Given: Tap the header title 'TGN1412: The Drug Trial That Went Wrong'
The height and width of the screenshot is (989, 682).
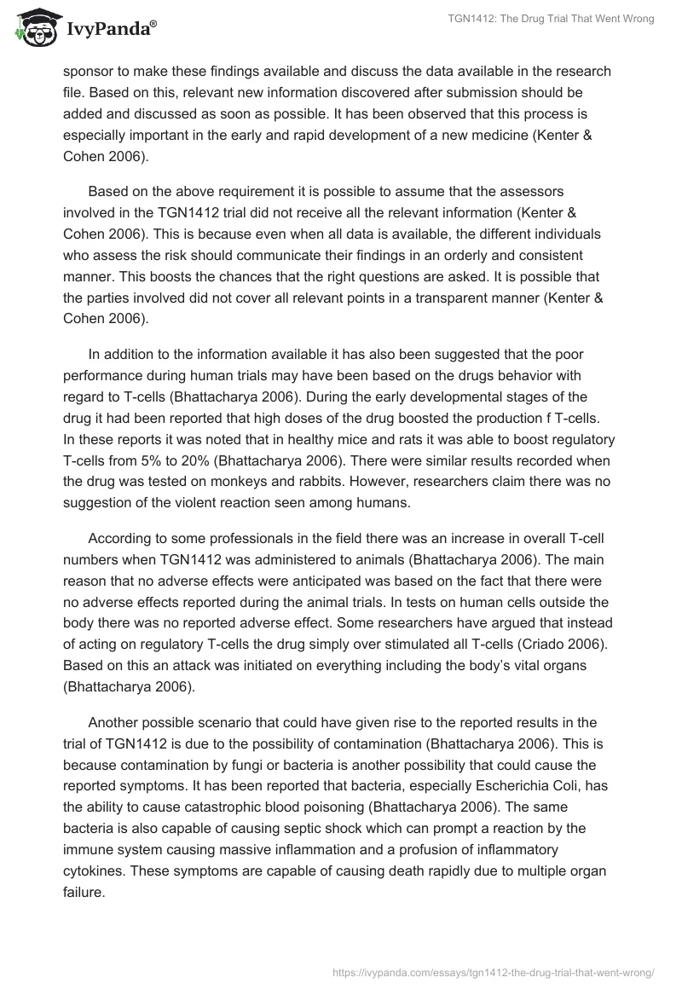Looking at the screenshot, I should (x=552, y=19).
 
